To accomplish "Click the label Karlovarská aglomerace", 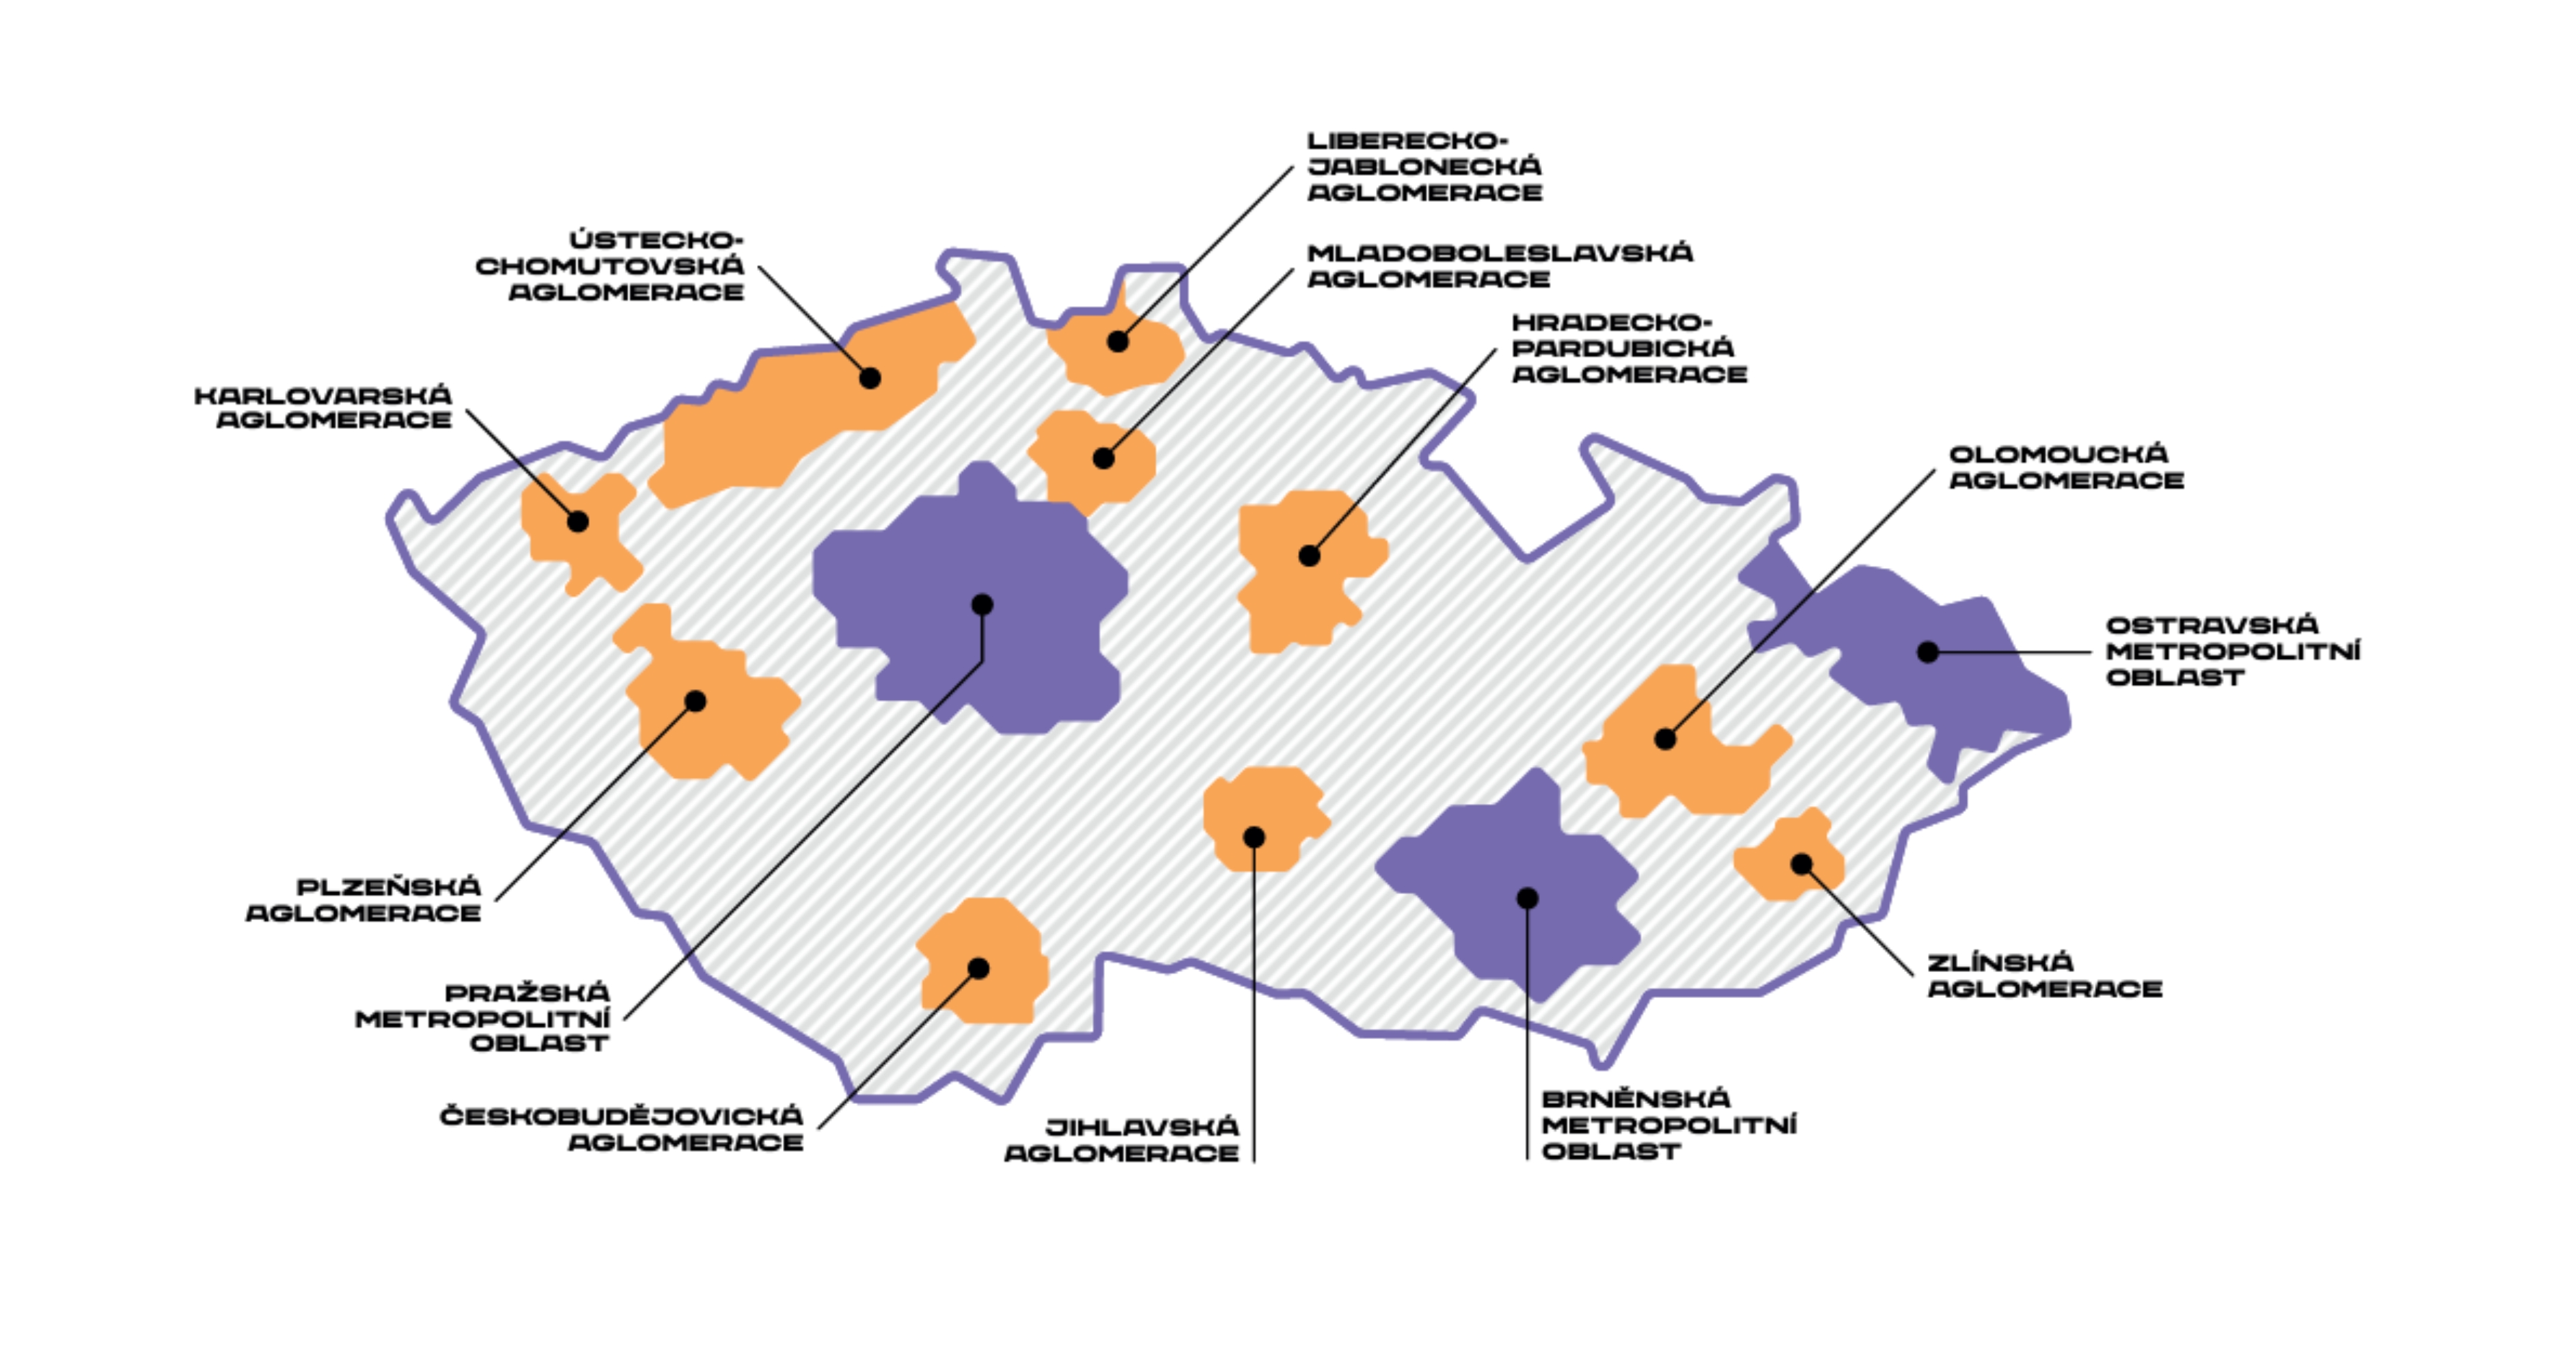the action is pyautogui.click(x=323, y=408).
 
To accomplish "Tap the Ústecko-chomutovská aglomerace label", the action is pyautogui.click(x=609, y=266).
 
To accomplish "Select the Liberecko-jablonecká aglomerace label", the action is pyautogui.click(x=1424, y=167).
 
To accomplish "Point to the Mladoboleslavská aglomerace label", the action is pyautogui.click(x=1500, y=266).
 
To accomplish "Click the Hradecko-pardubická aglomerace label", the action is pyautogui.click(x=1629, y=348).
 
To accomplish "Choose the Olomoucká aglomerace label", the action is pyautogui.click(x=2066, y=468).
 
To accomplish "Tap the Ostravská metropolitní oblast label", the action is pyautogui.click(x=2233, y=651).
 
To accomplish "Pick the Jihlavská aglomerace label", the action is pyautogui.click(x=1122, y=1140).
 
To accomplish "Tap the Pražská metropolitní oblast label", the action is pyautogui.click(x=482, y=1018).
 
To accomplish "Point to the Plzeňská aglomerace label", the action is pyautogui.click(x=364, y=900).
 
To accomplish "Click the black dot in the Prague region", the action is pyautogui.click(x=982, y=605).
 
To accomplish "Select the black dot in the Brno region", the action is pyautogui.click(x=1528, y=898).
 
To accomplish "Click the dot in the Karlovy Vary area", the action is pyautogui.click(x=578, y=522).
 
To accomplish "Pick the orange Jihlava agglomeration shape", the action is pyautogui.click(x=1264, y=818).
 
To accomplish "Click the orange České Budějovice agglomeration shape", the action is pyautogui.click(x=982, y=960).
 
